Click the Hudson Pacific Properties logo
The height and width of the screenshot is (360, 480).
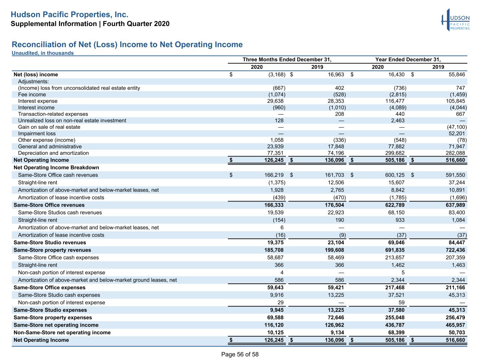(455, 20)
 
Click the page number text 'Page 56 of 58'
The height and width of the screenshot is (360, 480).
(240, 354)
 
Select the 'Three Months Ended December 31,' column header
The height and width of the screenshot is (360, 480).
(287, 59)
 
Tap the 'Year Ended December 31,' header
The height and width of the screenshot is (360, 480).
(408, 59)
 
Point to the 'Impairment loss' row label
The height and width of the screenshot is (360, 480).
(37, 134)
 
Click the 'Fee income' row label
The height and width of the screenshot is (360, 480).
(32, 95)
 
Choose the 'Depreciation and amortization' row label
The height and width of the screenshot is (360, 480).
(53, 153)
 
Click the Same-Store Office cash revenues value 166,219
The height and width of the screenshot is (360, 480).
(274, 175)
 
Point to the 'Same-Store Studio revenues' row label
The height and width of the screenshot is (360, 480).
(50, 243)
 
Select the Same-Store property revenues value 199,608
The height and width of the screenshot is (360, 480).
(334, 250)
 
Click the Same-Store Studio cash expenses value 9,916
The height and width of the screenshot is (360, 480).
(277, 295)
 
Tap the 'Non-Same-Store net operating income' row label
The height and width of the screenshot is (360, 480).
(62, 333)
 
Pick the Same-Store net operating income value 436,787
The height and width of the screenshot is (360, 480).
(395, 325)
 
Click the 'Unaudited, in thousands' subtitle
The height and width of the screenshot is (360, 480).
(43, 53)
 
